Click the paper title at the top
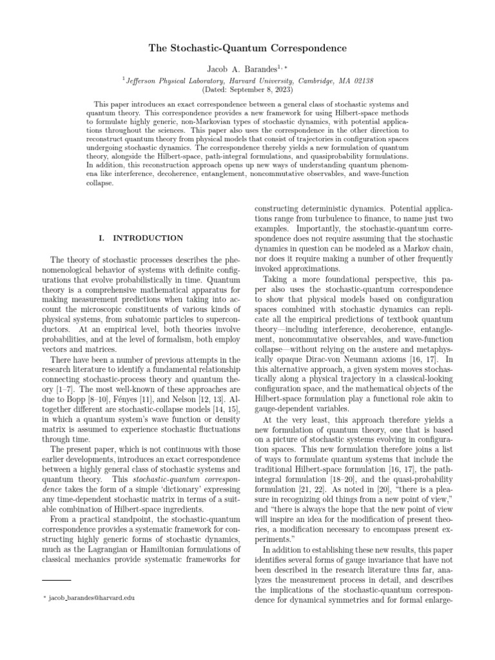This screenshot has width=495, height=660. (247, 48)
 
